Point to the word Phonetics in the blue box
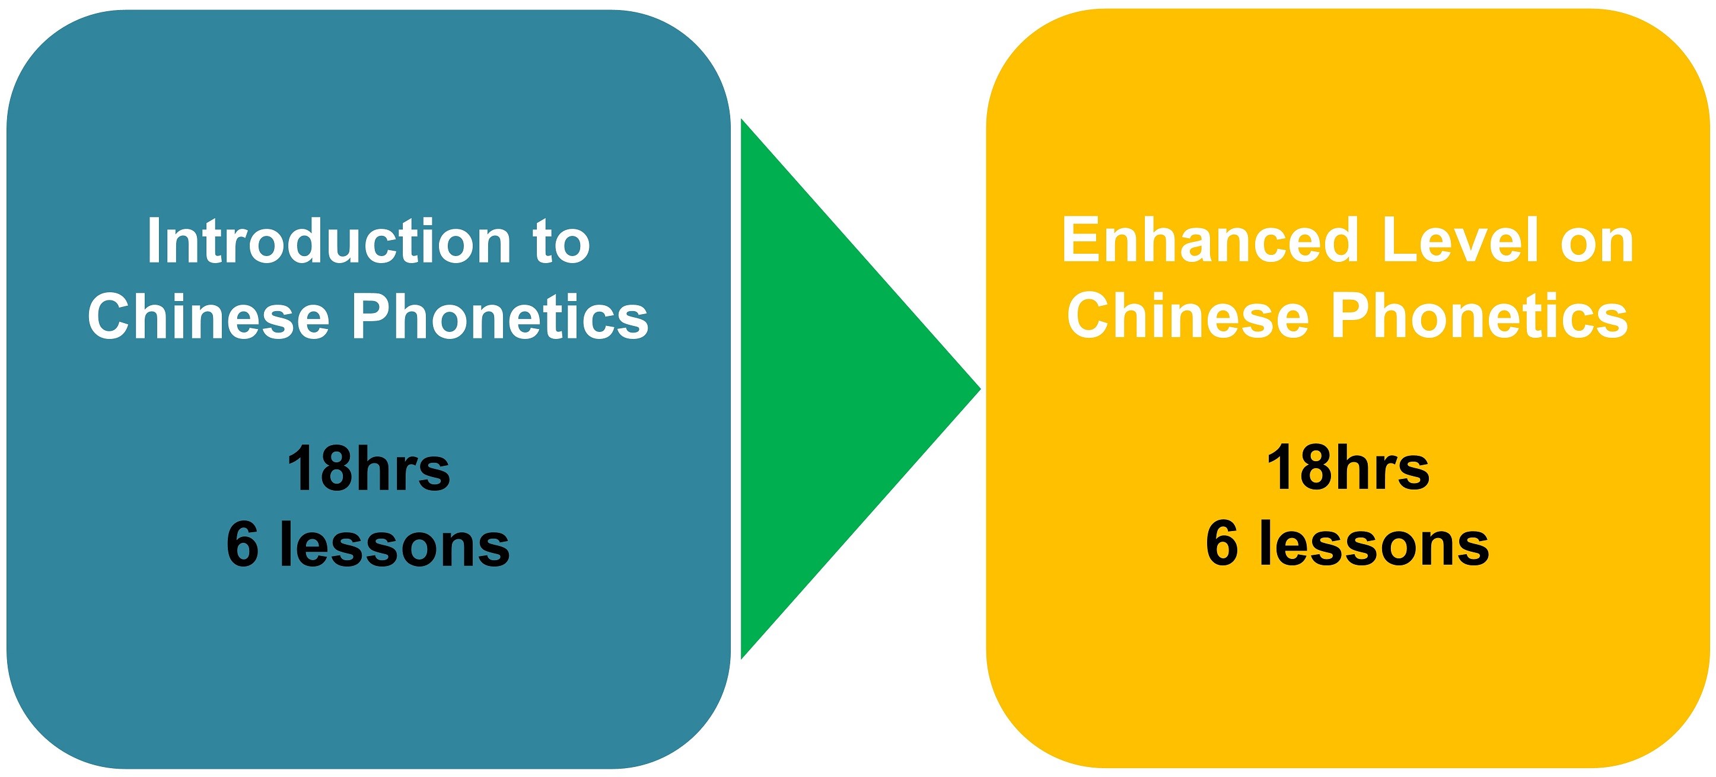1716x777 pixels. coord(500,316)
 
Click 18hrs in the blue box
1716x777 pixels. coord(368,469)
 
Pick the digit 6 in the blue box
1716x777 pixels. coord(243,545)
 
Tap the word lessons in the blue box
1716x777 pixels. coord(395,545)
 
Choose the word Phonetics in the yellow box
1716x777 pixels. coord(1480,316)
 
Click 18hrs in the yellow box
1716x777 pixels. coord(1348,468)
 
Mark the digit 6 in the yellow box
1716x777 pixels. coord(1222,544)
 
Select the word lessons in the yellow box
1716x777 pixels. coord(1374,544)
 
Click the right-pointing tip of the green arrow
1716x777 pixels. coord(980,389)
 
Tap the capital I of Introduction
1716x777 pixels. coord(154,241)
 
